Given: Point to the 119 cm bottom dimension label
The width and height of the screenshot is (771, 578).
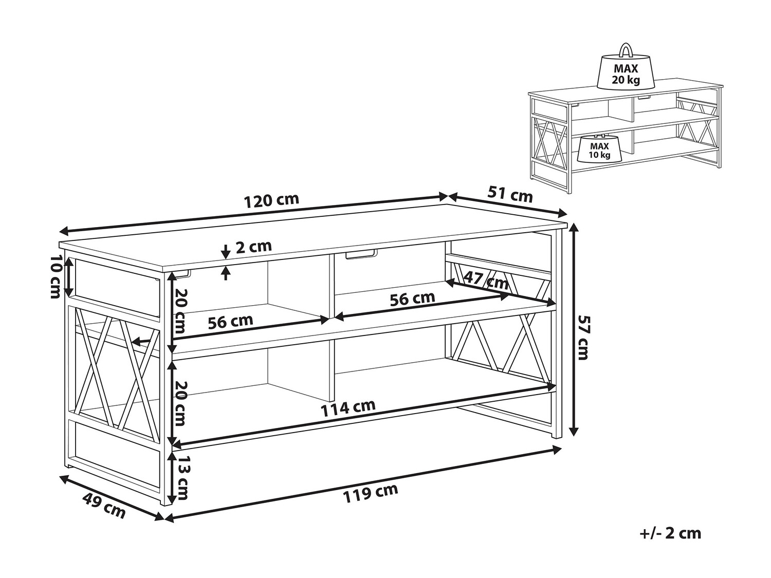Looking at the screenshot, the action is coord(370,493).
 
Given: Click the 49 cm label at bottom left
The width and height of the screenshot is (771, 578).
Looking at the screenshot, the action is coord(104,506).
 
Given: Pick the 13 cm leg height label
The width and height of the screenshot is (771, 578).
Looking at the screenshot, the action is coord(181,478).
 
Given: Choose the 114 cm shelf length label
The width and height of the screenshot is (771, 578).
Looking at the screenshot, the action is coord(348,408).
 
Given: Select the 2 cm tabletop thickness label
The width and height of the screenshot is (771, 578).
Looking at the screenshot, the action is coord(253,246).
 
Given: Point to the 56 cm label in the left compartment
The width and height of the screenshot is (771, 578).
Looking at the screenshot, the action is coord(230,321).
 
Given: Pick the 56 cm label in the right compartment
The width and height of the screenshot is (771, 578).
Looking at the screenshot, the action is coord(412,299).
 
